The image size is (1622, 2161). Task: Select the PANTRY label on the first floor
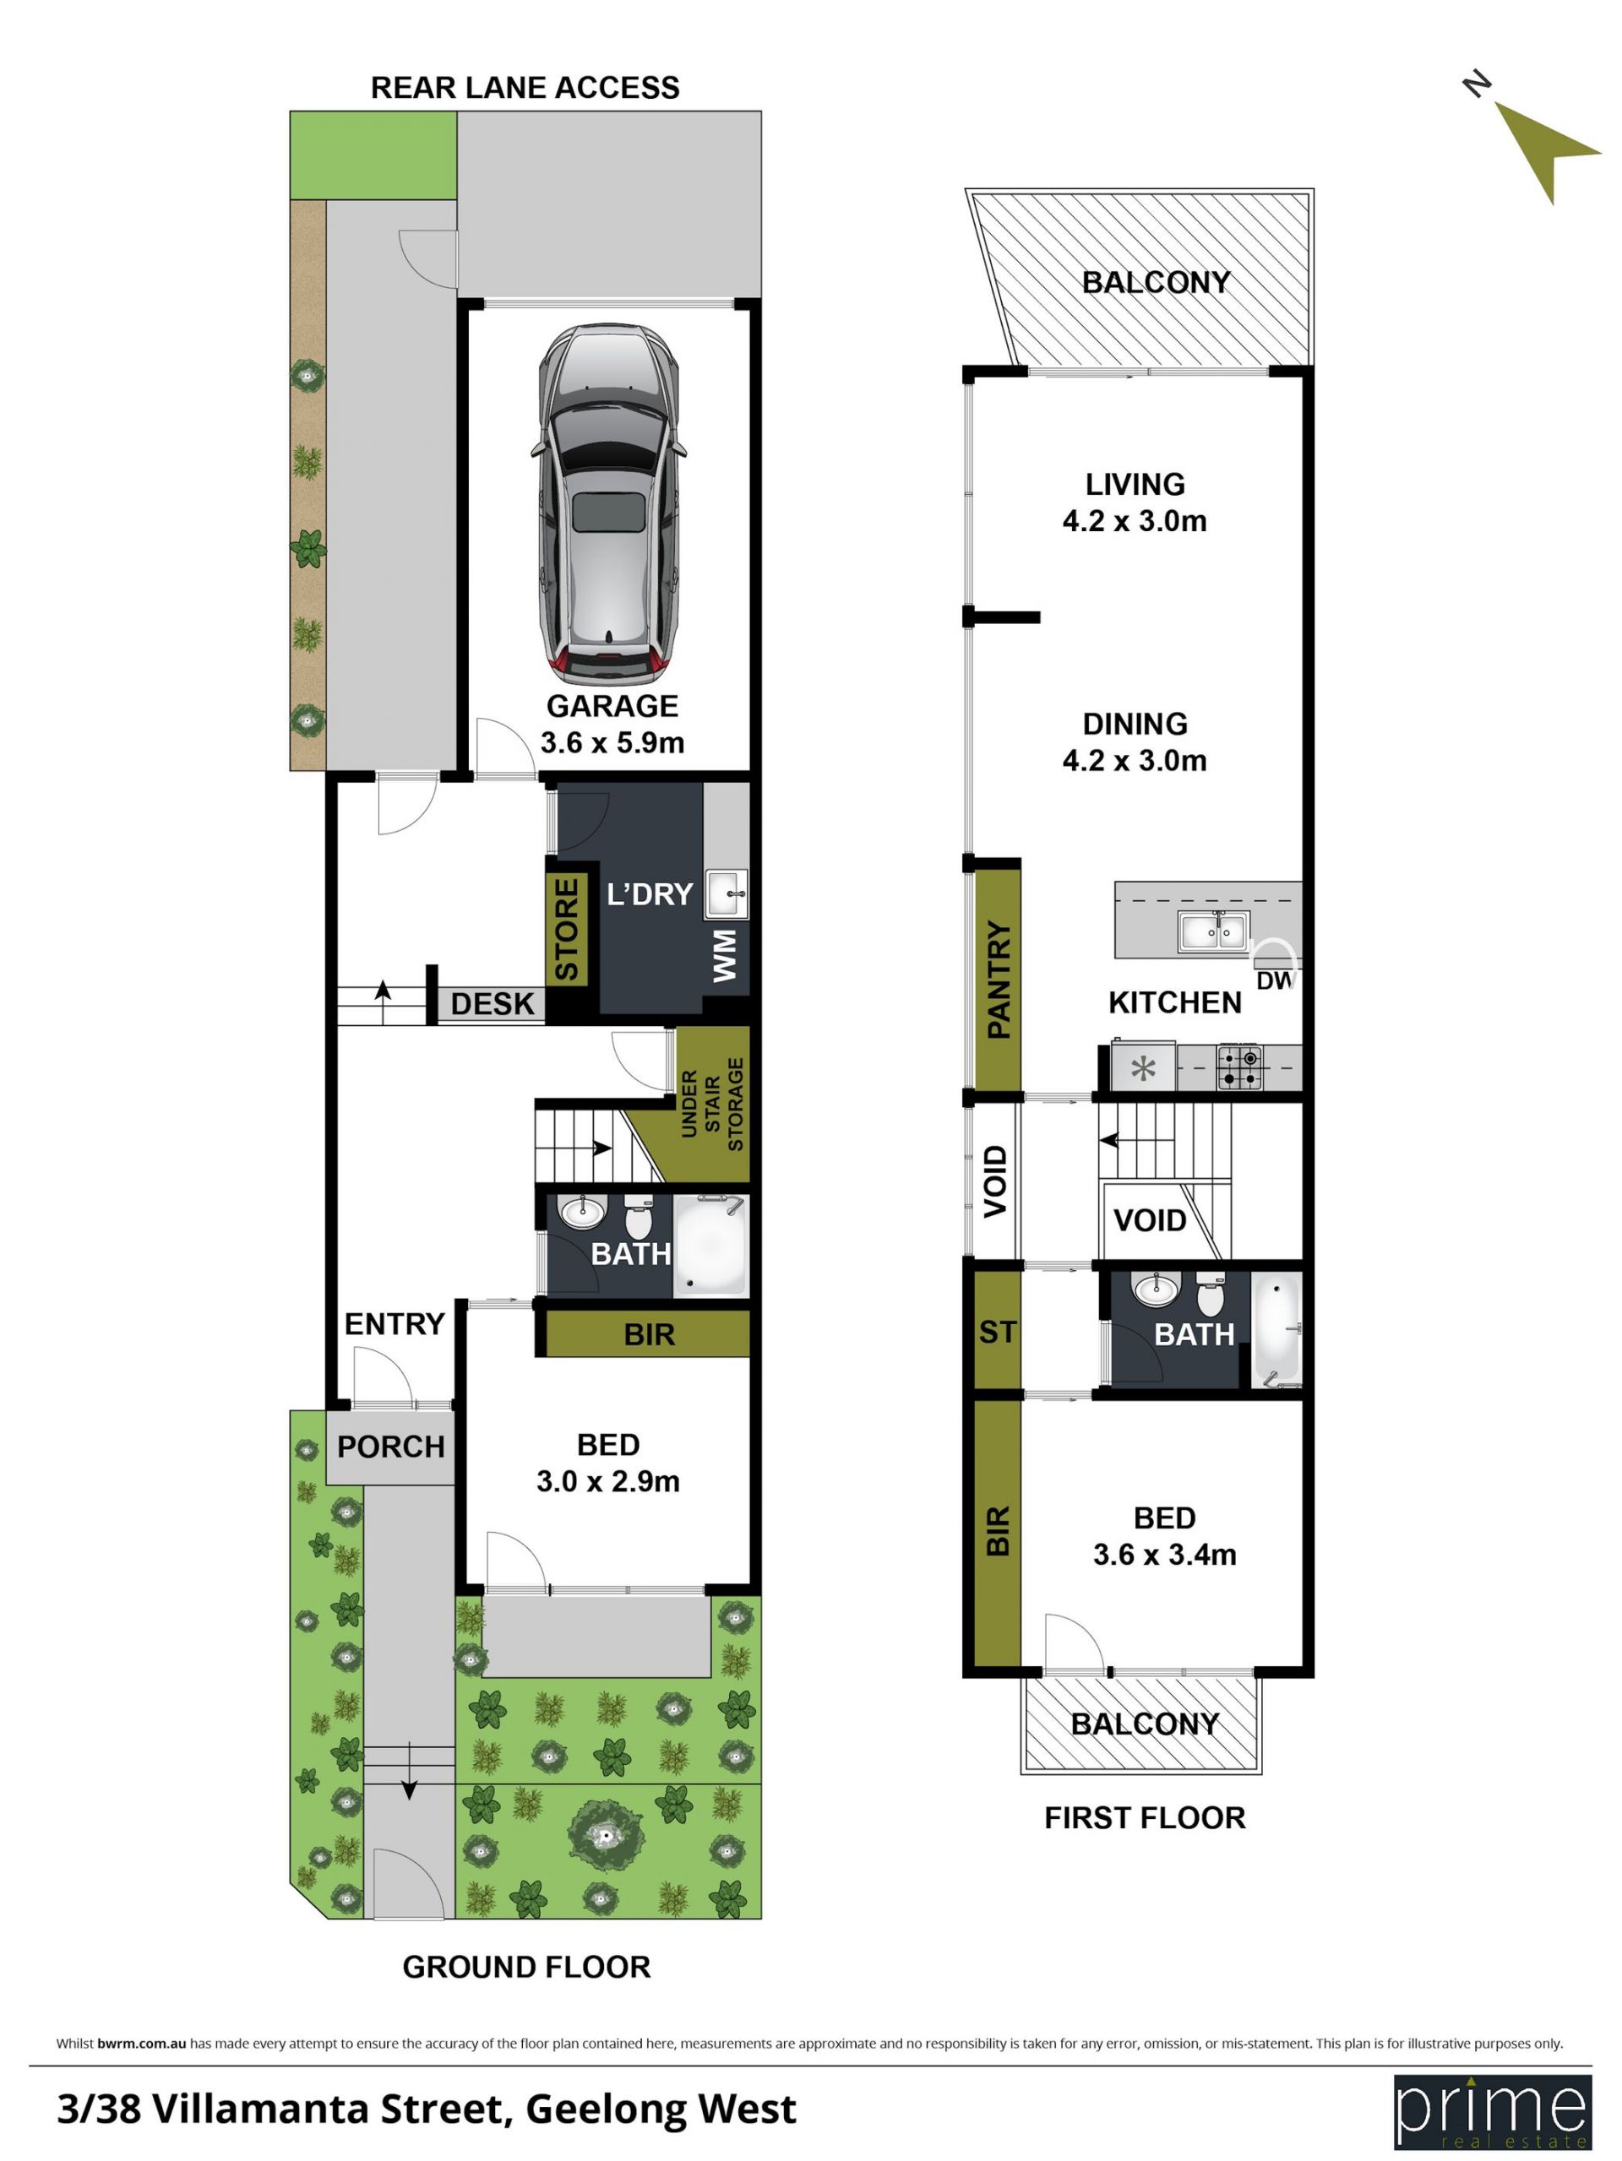[998, 979]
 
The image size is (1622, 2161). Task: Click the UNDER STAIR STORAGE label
[712, 1104]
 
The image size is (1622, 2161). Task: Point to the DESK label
[493, 1003]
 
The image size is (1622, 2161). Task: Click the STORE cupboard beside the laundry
[567, 928]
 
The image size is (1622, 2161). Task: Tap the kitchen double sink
[1212, 931]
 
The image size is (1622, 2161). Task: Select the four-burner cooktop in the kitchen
[1239, 1067]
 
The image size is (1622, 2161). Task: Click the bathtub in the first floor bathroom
[1276, 1328]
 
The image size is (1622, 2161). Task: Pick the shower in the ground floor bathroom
[711, 1246]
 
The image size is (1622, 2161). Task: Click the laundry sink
[726, 894]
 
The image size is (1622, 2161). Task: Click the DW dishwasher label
[1274, 980]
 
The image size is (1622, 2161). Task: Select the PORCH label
[391, 1447]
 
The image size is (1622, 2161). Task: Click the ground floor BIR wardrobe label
[649, 1334]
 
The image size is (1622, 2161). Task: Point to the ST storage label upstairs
[998, 1332]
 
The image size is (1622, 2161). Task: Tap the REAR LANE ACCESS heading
[525, 88]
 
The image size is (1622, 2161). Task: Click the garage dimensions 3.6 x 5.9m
[612, 742]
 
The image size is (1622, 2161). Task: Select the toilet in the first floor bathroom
[1211, 1295]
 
